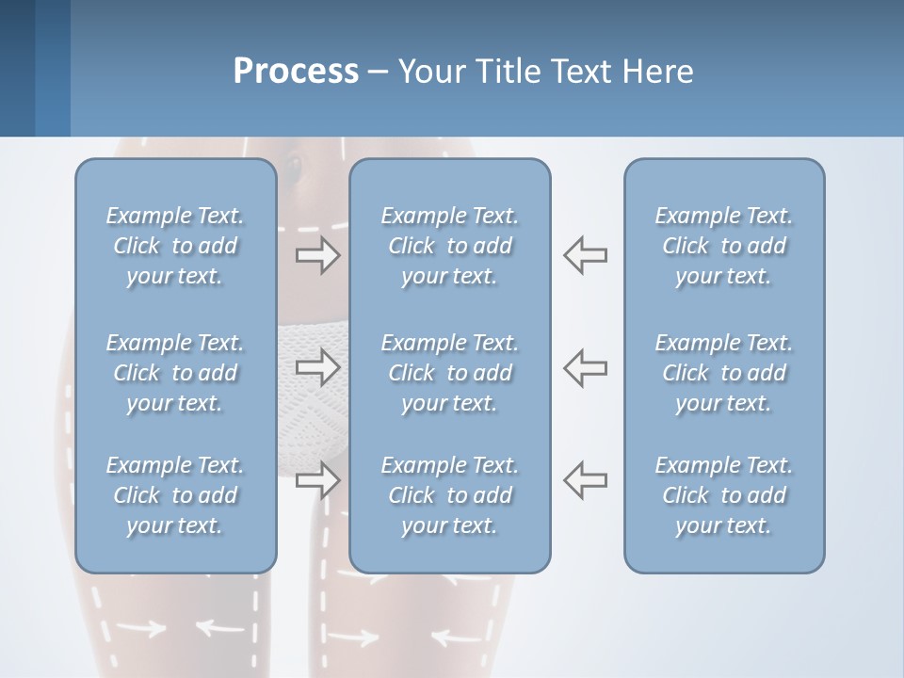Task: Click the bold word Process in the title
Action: pyautogui.click(x=296, y=72)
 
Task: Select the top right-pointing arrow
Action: pyautogui.click(x=317, y=255)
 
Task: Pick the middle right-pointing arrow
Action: pyautogui.click(x=317, y=366)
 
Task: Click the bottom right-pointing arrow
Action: pyautogui.click(x=317, y=479)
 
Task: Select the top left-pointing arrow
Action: pyautogui.click(x=586, y=255)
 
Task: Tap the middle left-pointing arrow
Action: pyautogui.click(x=586, y=366)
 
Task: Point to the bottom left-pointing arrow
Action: pyautogui.click(x=586, y=479)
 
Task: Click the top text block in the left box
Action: pyautogui.click(x=175, y=246)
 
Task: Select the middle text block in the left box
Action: pyautogui.click(x=175, y=373)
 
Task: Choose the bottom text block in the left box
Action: pyautogui.click(x=175, y=495)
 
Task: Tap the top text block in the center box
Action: pyautogui.click(x=450, y=246)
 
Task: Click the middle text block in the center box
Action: pyautogui.click(x=450, y=373)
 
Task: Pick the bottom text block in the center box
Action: pyautogui.click(x=450, y=495)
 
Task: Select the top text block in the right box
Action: pyautogui.click(x=724, y=246)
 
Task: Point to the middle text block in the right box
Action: pyautogui.click(x=724, y=373)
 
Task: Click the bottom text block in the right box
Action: pyautogui.click(x=724, y=495)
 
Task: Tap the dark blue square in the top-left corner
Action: pyautogui.click(x=17, y=68)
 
